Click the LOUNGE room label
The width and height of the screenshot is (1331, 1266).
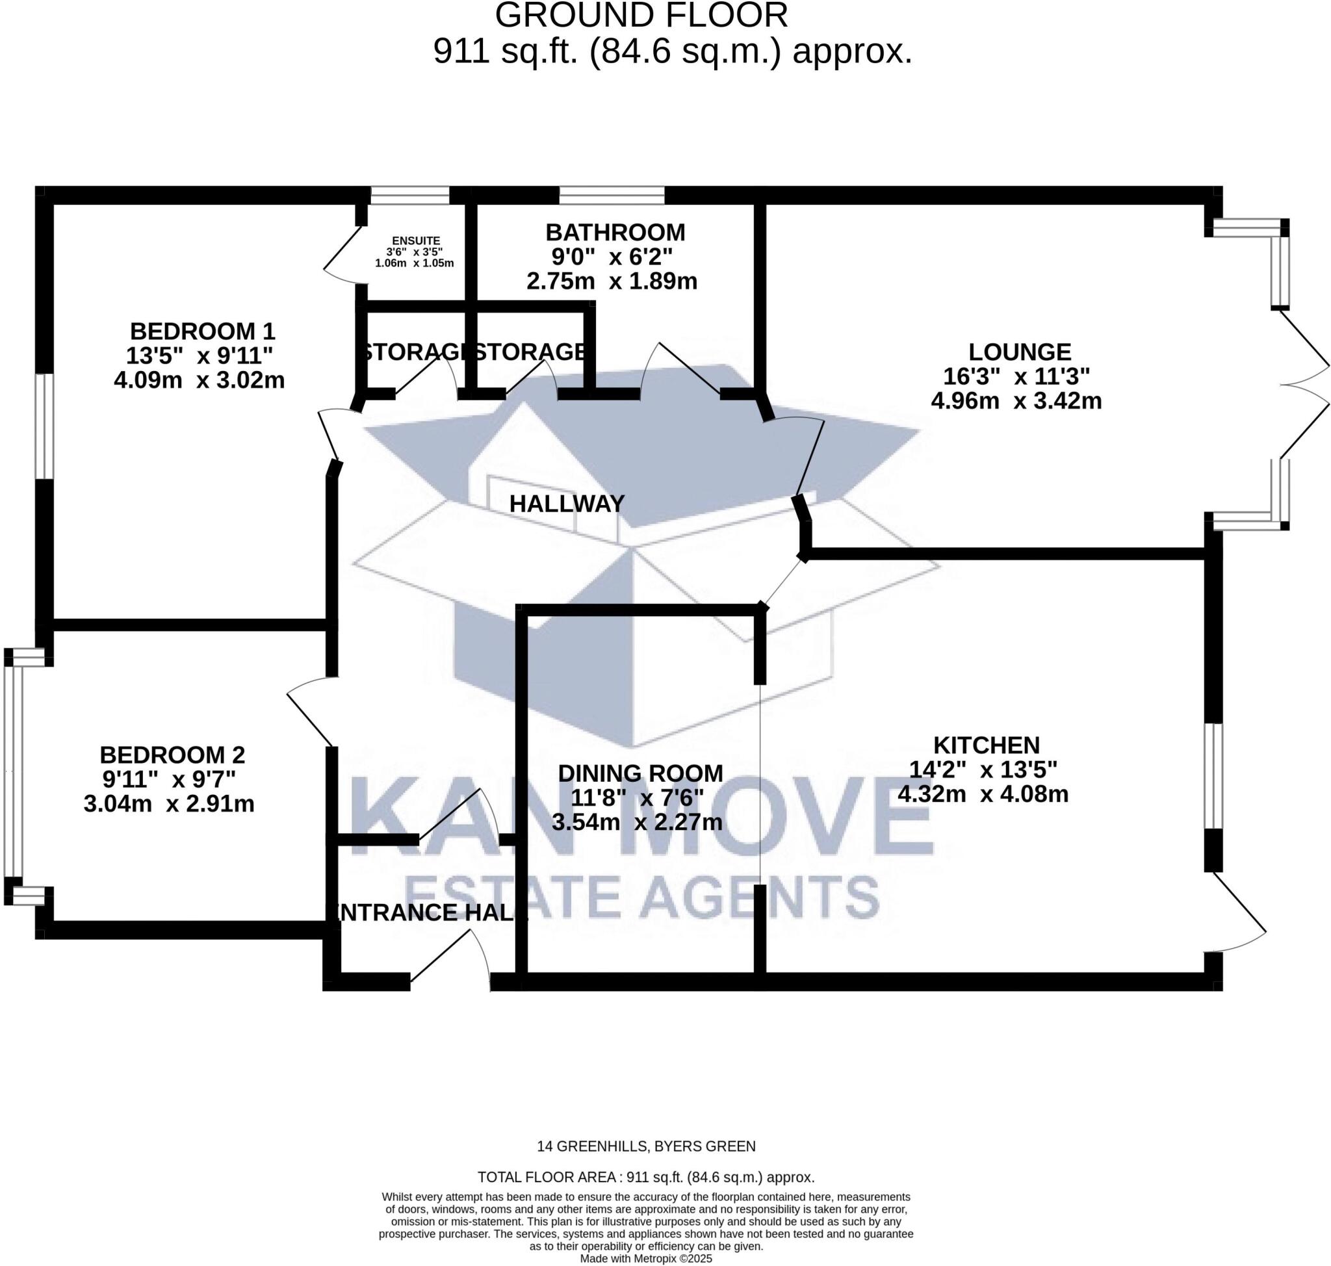click(x=1019, y=352)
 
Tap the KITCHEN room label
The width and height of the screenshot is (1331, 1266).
click(x=986, y=745)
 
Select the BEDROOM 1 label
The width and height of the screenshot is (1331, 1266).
click(x=203, y=331)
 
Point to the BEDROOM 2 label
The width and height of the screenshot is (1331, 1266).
click(x=172, y=755)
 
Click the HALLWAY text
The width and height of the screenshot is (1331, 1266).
click(x=566, y=504)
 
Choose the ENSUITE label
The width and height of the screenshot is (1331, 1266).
click(x=416, y=241)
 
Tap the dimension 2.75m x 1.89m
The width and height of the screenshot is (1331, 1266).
click(x=612, y=281)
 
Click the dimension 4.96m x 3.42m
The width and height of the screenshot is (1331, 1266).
click(x=1016, y=401)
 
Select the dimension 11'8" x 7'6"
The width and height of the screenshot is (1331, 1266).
click(x=637, y=797)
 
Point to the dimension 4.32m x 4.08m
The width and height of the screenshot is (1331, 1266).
click(x=983, y=794)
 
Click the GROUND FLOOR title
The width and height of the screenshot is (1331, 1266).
click(x=641, y=16)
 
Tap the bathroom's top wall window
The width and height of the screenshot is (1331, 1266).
click(x=612, y=196)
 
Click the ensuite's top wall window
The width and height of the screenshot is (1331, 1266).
click(x=409, y=196)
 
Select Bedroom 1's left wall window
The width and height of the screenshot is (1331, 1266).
click(x=45, y=426)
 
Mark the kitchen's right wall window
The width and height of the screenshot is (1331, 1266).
click(x=1213, y=776)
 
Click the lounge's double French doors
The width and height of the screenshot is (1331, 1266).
click(x=1302, y=385)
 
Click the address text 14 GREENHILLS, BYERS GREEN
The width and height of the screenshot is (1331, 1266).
click(x=646, y=1146)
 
